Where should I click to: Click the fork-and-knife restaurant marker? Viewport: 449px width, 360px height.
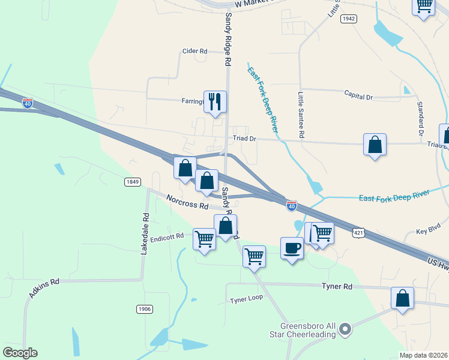point(215,101)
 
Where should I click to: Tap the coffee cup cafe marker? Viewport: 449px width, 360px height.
point(292,248)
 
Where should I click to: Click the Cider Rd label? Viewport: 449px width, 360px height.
point(195,52)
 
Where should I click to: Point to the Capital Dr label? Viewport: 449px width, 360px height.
point(358,95)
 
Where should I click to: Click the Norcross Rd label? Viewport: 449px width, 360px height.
point(187,202)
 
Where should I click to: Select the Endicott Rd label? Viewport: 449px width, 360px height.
point(166,238)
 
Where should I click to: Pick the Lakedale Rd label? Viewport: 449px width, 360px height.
point(144,232)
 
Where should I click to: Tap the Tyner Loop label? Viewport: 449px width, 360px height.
point(247,299)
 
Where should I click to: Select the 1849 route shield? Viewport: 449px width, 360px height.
point(133,181)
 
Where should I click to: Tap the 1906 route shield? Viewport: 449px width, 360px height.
point(144,309)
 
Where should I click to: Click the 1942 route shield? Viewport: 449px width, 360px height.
point(349,19)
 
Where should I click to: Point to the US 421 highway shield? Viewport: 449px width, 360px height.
point(358,232)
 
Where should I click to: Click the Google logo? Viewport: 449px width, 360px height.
point(20,353)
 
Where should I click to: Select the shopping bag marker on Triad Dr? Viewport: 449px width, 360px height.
point(375,145)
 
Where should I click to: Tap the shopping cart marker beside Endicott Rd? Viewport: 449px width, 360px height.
point(204,238)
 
